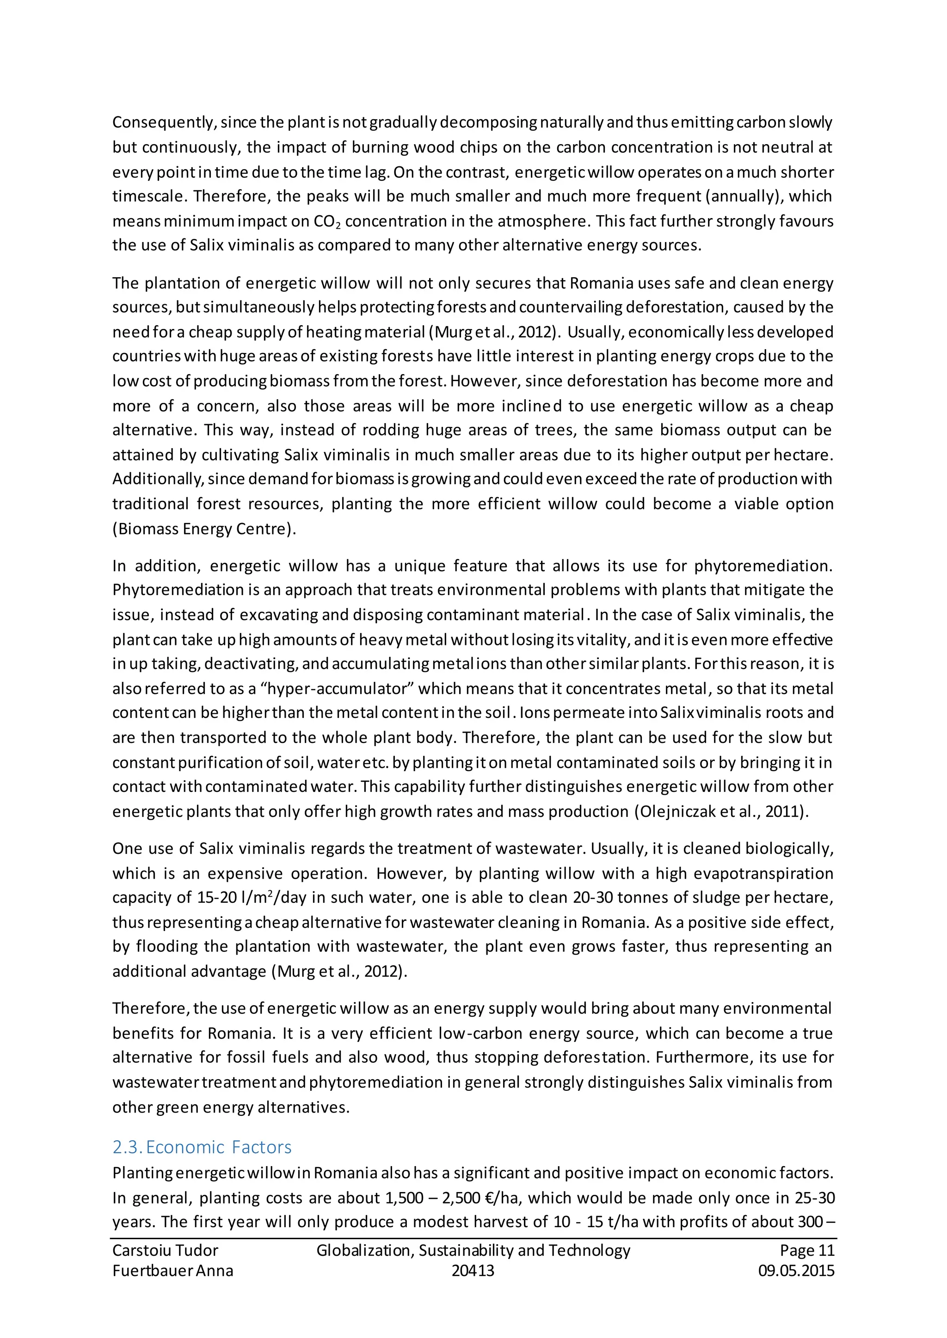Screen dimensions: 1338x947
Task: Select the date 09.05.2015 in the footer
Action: coord(796,1271)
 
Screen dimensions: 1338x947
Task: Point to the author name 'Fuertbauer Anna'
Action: coord(172,1271)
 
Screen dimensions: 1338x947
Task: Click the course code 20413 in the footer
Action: coord(473,1271)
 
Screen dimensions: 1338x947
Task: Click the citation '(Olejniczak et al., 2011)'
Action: coord(721,811)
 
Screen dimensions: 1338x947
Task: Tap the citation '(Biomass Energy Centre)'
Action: coord(203,529)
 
